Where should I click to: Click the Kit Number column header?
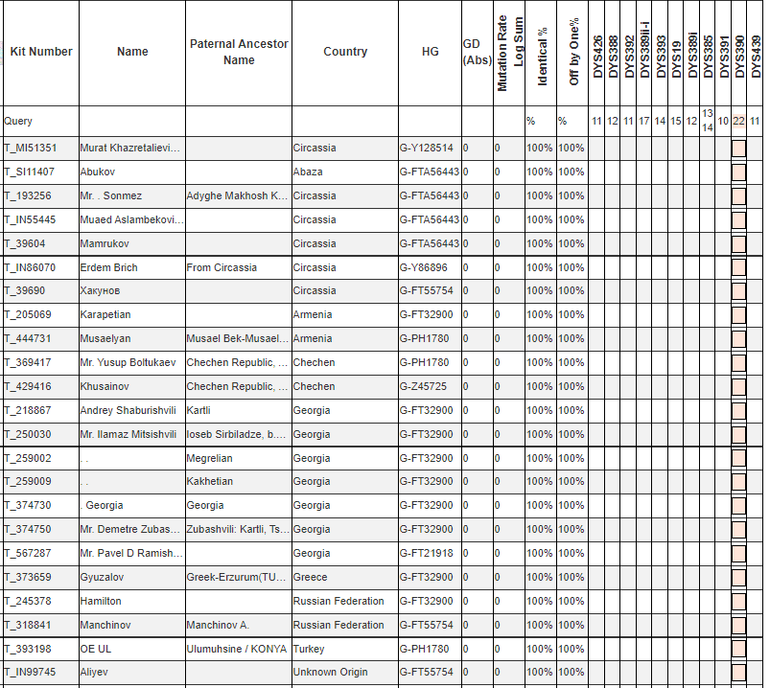pyautogui.click(x=41, y=52)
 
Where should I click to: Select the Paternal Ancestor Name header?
pyautogui.click(x=239, y=52)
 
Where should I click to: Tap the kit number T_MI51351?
pyautogui.click(x=31, y=149)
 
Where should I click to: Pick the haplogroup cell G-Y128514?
pyautogui.click(x=427, y=149)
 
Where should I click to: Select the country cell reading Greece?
pyautogui.click(x=310, y=578)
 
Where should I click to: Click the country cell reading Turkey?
pyautogui.click(x=310, y=649)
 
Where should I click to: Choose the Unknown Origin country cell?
pyautogui.click(x=330, y=673)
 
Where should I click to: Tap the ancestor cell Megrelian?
pyautogui.click(x=210, y=459)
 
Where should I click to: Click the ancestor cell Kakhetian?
pyautogui.click(x=209, y=482)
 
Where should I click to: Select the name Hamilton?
pyautogui.click(x=101, y=602)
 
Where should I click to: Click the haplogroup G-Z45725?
pyautogui.click(x=424, y=387)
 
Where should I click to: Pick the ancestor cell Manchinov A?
pyautogui.click(x=218, y=626)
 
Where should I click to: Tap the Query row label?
pyautogui.click(x=18, y=122)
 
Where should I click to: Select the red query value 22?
pyautogui.click(x=738, y=122)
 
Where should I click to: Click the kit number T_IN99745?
pyautogui.click(x=31, y=673)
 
